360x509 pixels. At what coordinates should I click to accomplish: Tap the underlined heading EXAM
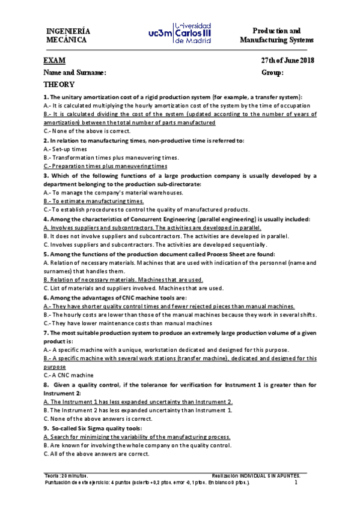click(x=55, y=61)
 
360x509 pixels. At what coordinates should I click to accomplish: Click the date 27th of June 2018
click(x=287, y=61)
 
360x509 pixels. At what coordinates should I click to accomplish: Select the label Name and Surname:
click(x=75, y=73)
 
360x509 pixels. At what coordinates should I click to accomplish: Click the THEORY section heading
click(x=59, y=85)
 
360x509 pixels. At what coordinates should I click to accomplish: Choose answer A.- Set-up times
click(x=66, y=148)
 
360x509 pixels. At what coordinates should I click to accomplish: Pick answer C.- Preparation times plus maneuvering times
click(x=105, y=165)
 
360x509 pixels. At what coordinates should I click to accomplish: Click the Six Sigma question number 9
click(x=93, y=429)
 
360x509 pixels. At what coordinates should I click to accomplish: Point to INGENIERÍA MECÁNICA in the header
click(x=69, y=35)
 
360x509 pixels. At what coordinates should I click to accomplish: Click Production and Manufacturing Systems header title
click(x=276, y=35)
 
